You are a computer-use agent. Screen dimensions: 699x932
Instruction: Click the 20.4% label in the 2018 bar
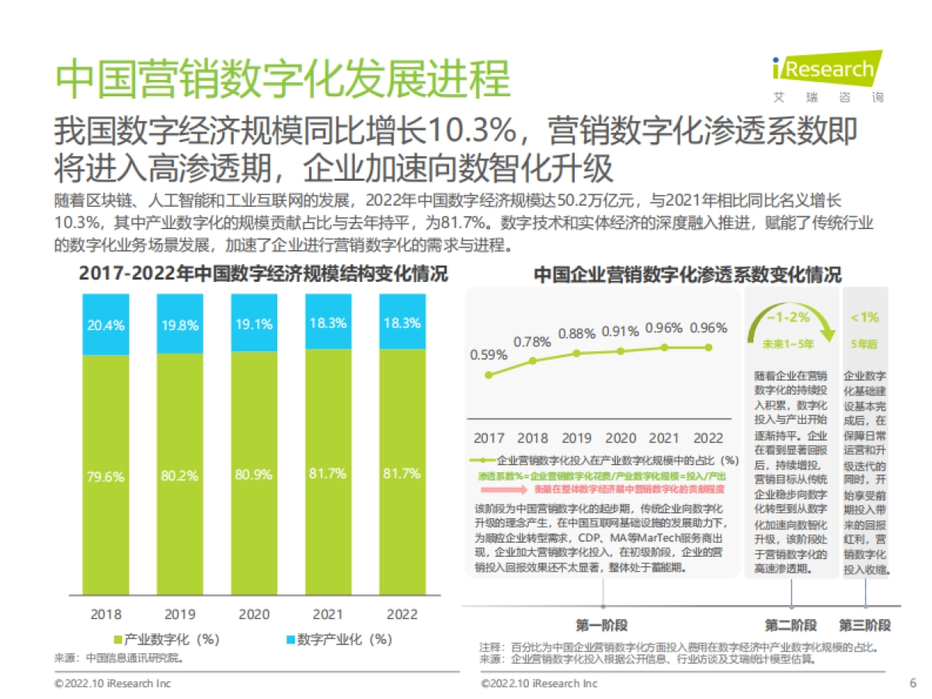pos(106,325)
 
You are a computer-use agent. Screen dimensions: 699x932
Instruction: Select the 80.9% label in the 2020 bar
pos(254,475)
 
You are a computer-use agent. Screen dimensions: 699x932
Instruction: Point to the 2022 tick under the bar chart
pos(402,614)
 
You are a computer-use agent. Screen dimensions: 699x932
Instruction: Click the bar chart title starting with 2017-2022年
pos(263,274)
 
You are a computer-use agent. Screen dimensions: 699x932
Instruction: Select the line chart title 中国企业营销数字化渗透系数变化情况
pos(687,275)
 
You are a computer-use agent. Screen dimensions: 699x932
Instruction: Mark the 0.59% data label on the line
pos(489,355)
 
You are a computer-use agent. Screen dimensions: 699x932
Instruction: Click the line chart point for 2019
pos(577,353)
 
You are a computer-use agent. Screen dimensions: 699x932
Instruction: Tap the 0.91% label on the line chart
pos(621,332)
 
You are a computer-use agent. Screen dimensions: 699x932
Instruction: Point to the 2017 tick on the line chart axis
pos(489,438)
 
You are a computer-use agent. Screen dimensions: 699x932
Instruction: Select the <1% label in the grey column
pos(864,318)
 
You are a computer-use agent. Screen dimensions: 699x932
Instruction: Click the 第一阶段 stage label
pos(601,625)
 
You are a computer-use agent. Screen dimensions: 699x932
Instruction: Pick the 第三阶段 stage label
pos(864,625)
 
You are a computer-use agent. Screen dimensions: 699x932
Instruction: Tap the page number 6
pos(912,683)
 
